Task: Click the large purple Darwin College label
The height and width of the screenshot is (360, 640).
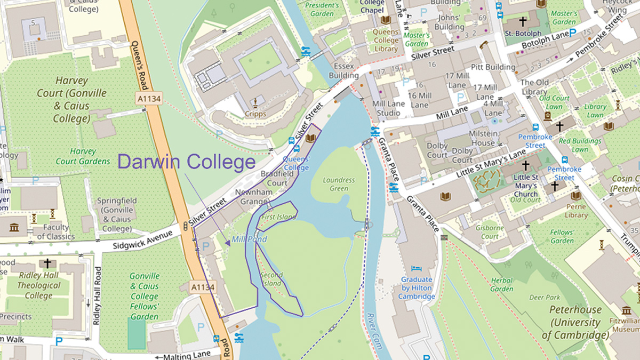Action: point(187,162)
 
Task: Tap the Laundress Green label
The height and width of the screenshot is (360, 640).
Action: point(339,184)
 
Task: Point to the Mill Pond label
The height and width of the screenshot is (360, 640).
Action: point(249,239)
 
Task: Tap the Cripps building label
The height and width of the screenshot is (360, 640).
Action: point(255,114)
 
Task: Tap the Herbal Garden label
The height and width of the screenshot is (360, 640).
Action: point(501,285)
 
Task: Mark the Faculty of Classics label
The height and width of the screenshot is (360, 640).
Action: point(52,233)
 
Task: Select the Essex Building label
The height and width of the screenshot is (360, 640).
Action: point(344,70)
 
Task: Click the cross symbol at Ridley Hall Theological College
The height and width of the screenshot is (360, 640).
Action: point(48,263)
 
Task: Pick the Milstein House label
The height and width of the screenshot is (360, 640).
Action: point(482,138)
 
